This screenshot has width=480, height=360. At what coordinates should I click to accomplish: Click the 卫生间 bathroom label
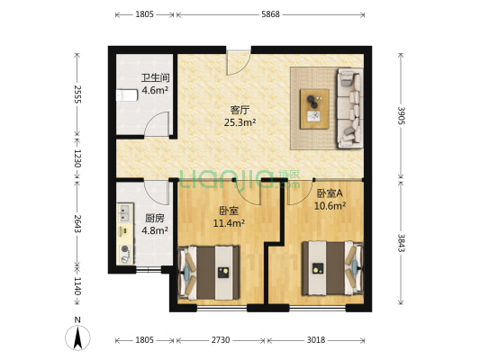155,77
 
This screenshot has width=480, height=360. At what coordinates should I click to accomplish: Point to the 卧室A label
330,193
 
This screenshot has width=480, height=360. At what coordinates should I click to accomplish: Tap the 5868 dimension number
270,14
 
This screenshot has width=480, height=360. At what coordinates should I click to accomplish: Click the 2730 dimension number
221,340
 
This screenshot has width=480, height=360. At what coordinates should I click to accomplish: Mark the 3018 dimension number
316,340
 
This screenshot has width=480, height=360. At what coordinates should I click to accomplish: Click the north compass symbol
78,337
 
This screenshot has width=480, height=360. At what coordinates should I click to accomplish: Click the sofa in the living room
348,109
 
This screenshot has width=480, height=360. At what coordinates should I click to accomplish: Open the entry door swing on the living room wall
239,61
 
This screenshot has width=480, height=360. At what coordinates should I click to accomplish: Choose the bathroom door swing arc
158,124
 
